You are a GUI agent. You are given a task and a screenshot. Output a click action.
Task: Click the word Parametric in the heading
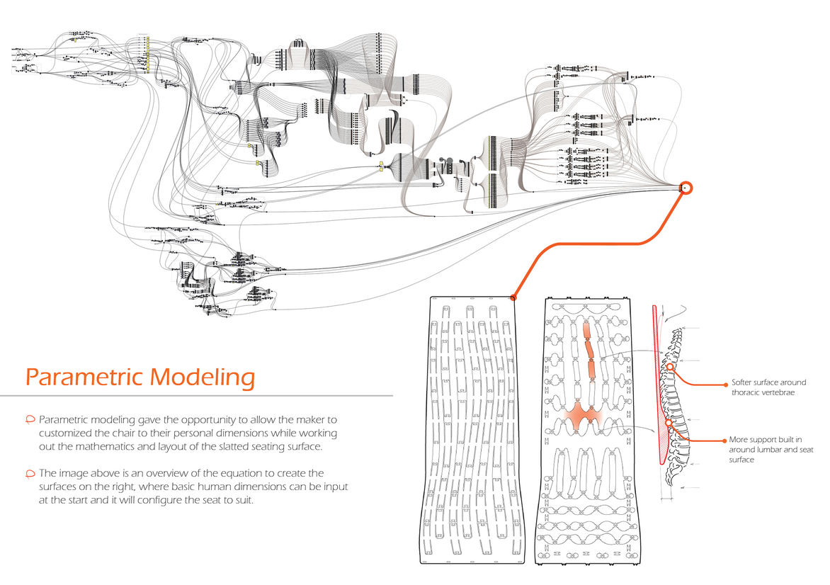coord(79,377)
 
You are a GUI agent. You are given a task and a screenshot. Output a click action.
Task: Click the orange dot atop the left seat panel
coord(513,297)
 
